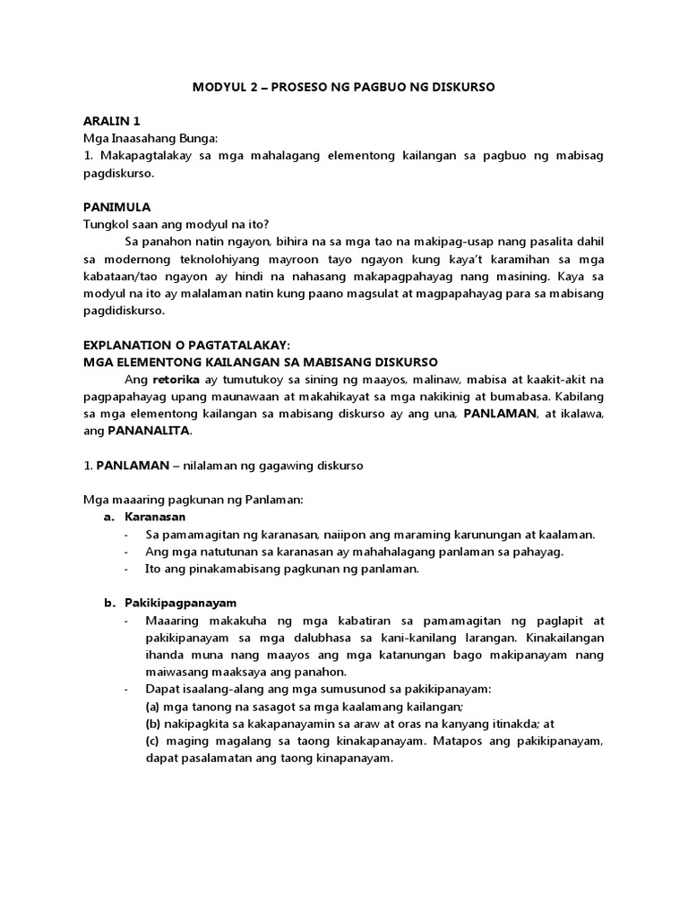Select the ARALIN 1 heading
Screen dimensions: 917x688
click(x=112, y=121)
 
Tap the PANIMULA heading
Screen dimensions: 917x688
click(x=117, y=206)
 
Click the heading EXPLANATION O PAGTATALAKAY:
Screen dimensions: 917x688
click(x=187, y=345)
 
